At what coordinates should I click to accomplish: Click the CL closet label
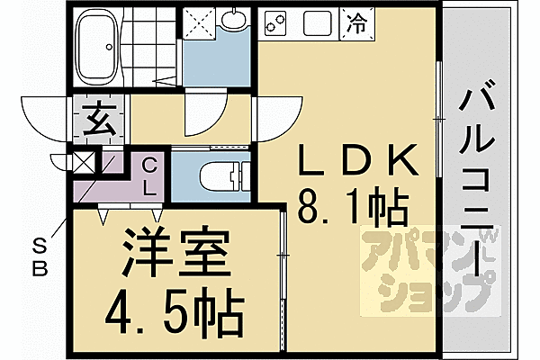pos(150,177)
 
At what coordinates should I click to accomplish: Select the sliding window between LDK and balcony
pos(437,117)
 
